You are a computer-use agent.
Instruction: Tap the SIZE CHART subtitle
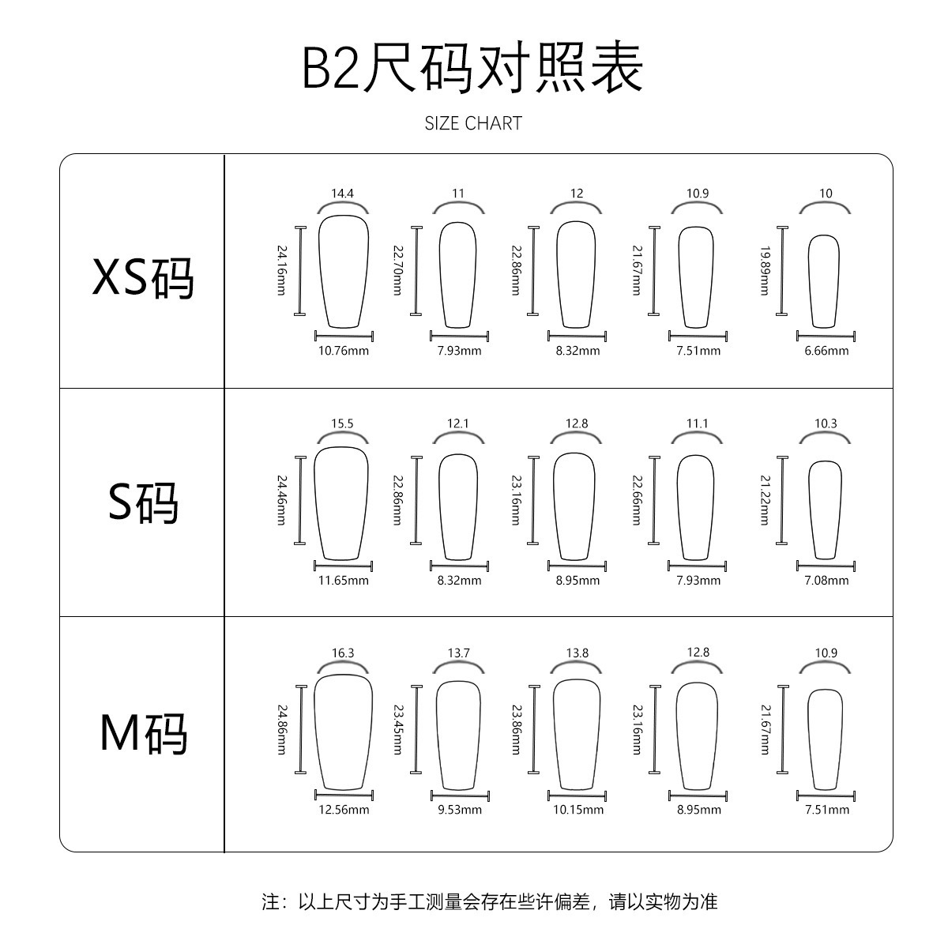(x=473, y=123)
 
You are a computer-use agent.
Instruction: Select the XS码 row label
(x=143, y=278)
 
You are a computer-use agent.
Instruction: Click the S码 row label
(x=143, y=503)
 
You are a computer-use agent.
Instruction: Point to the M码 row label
(x=143, y=733)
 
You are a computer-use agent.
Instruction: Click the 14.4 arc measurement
(x=343, y=194)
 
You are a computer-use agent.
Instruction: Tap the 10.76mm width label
(x=343, y=351)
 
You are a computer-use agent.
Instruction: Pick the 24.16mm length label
(x=280, y=270)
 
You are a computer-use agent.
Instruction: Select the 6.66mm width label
(x=826, y=351)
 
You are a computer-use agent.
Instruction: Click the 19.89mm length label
(x=764, y=270)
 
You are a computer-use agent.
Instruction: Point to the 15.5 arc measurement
(x=343, y=423)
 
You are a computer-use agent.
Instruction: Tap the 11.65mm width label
(x=343, y=581)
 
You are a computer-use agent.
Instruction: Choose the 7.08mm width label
(x=826, y=581)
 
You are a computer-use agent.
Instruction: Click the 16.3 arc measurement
(x=343, y=653)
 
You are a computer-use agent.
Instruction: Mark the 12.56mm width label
(x=343, y=810)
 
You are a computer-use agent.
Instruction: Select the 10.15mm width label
(x=578, y=810)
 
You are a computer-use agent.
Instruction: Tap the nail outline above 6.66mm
(x=824, y=281)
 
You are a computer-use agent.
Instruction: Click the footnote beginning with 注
(x=490, y=901)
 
